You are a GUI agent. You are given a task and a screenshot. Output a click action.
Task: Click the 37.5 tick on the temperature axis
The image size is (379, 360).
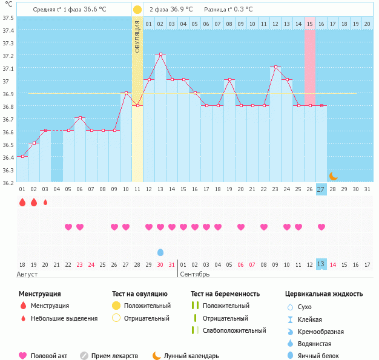[x=8, y=18]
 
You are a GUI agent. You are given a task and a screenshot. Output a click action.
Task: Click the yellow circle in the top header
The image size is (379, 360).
[x=137, y=10]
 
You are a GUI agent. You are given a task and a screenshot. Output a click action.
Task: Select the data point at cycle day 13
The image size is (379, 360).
[x=160, y=54]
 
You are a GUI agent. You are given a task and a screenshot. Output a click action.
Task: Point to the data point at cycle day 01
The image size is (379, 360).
[x=22, y=156]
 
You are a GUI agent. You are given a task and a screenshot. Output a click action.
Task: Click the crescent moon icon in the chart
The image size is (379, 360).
[x=333, y=176]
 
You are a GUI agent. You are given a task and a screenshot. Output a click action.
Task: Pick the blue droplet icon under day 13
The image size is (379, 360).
[x=160, y=252]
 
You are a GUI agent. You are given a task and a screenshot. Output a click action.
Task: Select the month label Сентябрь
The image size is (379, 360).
[x=195, y=274]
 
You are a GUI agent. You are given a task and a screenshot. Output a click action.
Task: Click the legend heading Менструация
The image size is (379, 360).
[x=39, y=293]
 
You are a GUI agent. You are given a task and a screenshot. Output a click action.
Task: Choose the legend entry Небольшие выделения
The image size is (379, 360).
[x=64, y=318]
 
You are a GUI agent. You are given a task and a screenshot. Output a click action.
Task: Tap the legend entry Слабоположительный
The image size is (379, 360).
[x=234, y=330]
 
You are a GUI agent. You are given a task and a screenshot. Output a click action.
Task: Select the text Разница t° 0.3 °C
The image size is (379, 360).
[x=228, y=10]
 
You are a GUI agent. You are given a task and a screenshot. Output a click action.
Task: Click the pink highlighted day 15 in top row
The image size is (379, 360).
[x=310, y=24]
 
